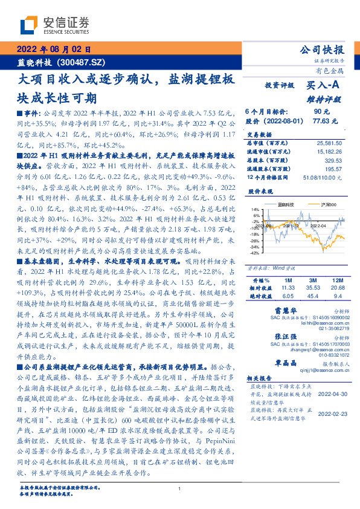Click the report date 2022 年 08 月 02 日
55,50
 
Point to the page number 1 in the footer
180,489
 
